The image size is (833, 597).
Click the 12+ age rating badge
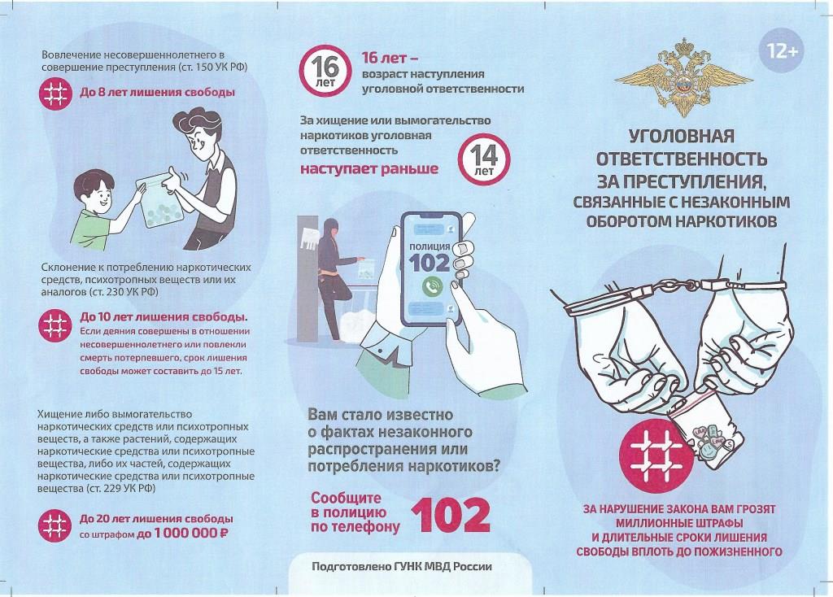[782, 51]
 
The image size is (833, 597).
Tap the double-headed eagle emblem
[683, 77]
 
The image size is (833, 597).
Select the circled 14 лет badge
[483, 159]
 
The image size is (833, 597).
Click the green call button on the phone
[433, 286]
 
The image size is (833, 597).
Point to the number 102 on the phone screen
[430, 263]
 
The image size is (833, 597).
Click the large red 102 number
[451, 515]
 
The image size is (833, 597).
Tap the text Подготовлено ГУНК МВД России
[402, 567]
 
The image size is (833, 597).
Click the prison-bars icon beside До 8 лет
[55, 94]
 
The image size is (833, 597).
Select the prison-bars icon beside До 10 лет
[55, 325]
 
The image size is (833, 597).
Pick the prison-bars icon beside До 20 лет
[55, 525]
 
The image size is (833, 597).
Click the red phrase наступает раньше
[369, 169]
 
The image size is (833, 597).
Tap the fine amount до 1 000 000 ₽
[182, 534]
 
